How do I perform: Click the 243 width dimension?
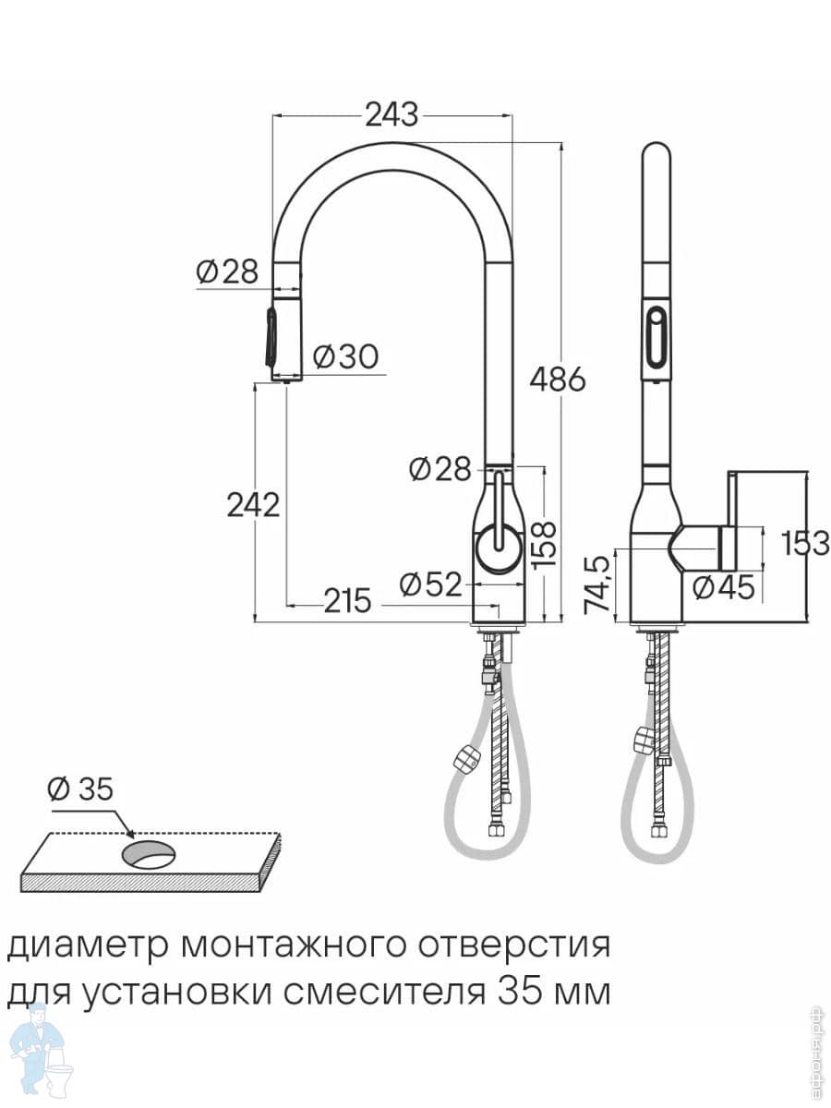(391, 115)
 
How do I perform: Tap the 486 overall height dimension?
(557, 379)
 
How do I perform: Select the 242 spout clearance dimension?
(252, 504)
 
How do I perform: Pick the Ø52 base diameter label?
(429, 584)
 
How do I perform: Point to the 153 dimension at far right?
(805, 543)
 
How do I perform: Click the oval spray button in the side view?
(655, 336)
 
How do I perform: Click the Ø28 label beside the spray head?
(227, 271)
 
